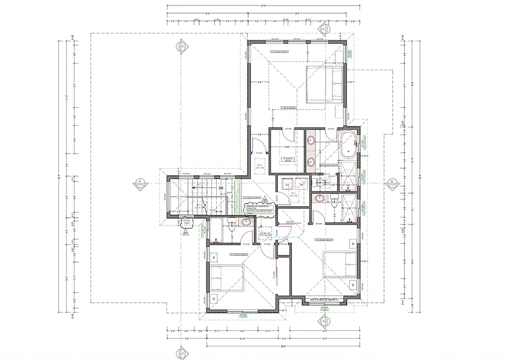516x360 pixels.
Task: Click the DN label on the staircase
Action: point(221,188)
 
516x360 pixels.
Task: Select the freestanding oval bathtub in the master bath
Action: point(348,146)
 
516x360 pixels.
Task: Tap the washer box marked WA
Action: point(288,185)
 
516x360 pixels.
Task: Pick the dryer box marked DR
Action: point(301,185)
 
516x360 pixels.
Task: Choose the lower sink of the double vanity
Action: point(311,162)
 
